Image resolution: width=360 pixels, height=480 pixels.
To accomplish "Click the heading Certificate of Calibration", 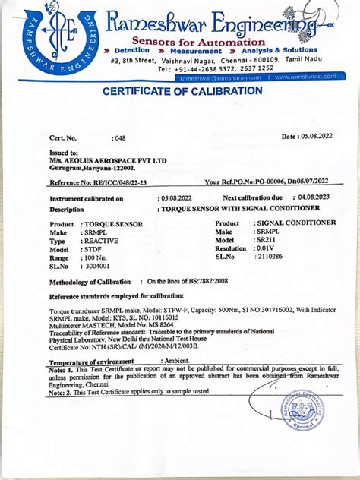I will pyautogui.click(x=183, y=91).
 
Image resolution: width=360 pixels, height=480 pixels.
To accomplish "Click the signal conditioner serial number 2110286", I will pyautogui.click(x=272, y=257).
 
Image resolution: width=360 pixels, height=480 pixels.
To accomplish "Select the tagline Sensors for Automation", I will pyautogui.click(x=198, y=41).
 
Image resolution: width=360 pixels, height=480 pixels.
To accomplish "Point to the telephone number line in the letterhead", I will pyautogui.click(x=215, y=68).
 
